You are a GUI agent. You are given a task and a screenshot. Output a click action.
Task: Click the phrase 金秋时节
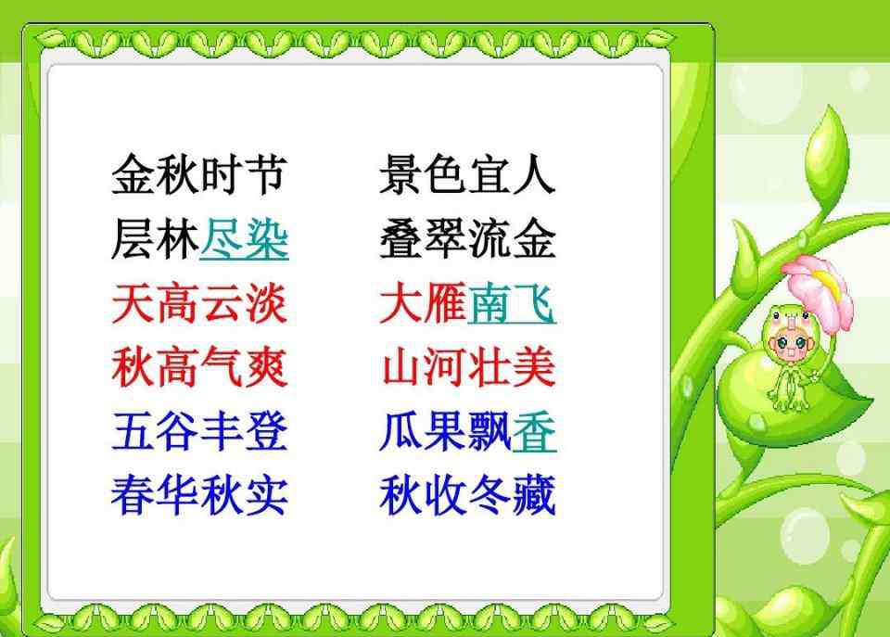[x=199, y=174]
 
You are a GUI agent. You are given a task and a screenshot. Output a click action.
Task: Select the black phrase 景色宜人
[x=467, y=174]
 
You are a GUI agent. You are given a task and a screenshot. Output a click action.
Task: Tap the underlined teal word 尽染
[x=244, y=239]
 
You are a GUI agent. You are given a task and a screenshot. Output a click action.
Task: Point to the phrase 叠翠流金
[x=467, y=239]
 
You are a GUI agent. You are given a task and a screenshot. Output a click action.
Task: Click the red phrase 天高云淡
[x=199, y=303]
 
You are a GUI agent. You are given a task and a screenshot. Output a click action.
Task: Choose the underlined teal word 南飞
[x=512, y=303]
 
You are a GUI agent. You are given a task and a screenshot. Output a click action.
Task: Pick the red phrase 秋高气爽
[x=199, y=367]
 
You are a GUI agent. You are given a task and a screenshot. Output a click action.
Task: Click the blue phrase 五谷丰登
[x=199, y=431]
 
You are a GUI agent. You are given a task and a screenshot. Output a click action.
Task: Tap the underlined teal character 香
[x=534, y=432]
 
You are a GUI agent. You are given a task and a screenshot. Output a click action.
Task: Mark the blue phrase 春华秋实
[x=199, y=496]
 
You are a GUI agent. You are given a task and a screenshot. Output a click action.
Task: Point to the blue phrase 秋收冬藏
[x=467, y=496]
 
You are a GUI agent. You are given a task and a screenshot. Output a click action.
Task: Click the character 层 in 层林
[x=133, y=239]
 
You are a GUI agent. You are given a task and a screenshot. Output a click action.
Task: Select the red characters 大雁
[x=424, y=303]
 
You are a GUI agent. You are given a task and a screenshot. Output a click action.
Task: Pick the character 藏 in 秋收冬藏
[x=534, y=496]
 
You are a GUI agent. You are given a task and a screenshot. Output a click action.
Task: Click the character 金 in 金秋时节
[x=133, y=174]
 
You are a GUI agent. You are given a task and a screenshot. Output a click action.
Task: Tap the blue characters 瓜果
[x=424, y=431]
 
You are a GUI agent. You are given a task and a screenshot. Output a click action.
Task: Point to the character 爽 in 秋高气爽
[x=266, y=367]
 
